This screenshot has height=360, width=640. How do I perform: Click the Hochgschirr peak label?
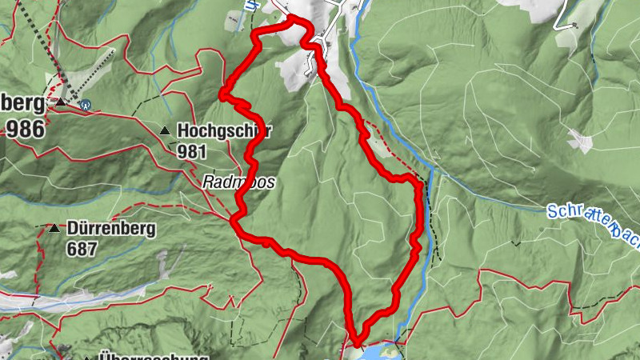tap(223, 131)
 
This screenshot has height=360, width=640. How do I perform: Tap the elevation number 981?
tap(192, 151)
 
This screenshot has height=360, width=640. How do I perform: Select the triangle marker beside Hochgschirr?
tap(165, 130)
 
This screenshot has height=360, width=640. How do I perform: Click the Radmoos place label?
tap(238, 182)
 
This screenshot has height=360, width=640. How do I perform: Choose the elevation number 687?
tap(82, 249)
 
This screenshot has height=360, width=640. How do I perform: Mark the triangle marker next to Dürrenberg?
tap(54, 229)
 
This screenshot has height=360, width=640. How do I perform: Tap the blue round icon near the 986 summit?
tap(85, 103)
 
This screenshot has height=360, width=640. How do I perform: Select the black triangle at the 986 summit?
tap(61, 103)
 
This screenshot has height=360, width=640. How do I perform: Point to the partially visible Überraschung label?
tap(152, 356)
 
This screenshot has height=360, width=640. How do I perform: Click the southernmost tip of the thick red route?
tap(354, 339)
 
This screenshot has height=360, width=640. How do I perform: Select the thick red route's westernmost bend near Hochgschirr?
tap(222, 95)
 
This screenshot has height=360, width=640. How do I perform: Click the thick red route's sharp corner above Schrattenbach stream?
tap(418, 186)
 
